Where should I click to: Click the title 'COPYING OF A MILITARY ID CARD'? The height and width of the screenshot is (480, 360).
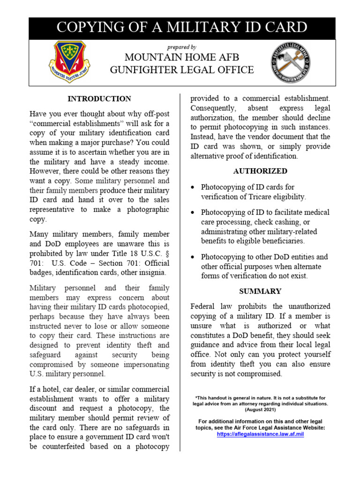182,27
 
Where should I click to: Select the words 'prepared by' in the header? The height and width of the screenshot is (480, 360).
182,47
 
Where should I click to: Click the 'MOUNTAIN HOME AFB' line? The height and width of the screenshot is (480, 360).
182,58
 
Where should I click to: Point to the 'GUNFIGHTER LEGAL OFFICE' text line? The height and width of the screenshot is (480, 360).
182,70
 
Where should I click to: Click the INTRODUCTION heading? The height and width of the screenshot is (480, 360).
99,99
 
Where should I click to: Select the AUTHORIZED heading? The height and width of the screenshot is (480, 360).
260,171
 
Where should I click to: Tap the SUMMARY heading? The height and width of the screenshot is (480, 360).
260,291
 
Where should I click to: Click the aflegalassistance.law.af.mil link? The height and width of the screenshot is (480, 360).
260,435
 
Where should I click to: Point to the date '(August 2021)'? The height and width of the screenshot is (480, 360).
260,409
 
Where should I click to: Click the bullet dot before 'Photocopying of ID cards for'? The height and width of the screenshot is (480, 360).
194,187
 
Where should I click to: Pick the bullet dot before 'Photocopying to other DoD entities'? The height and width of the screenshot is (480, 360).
194,257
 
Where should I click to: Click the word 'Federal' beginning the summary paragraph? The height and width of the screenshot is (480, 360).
203,307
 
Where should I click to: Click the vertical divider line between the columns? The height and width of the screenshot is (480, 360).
180,272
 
